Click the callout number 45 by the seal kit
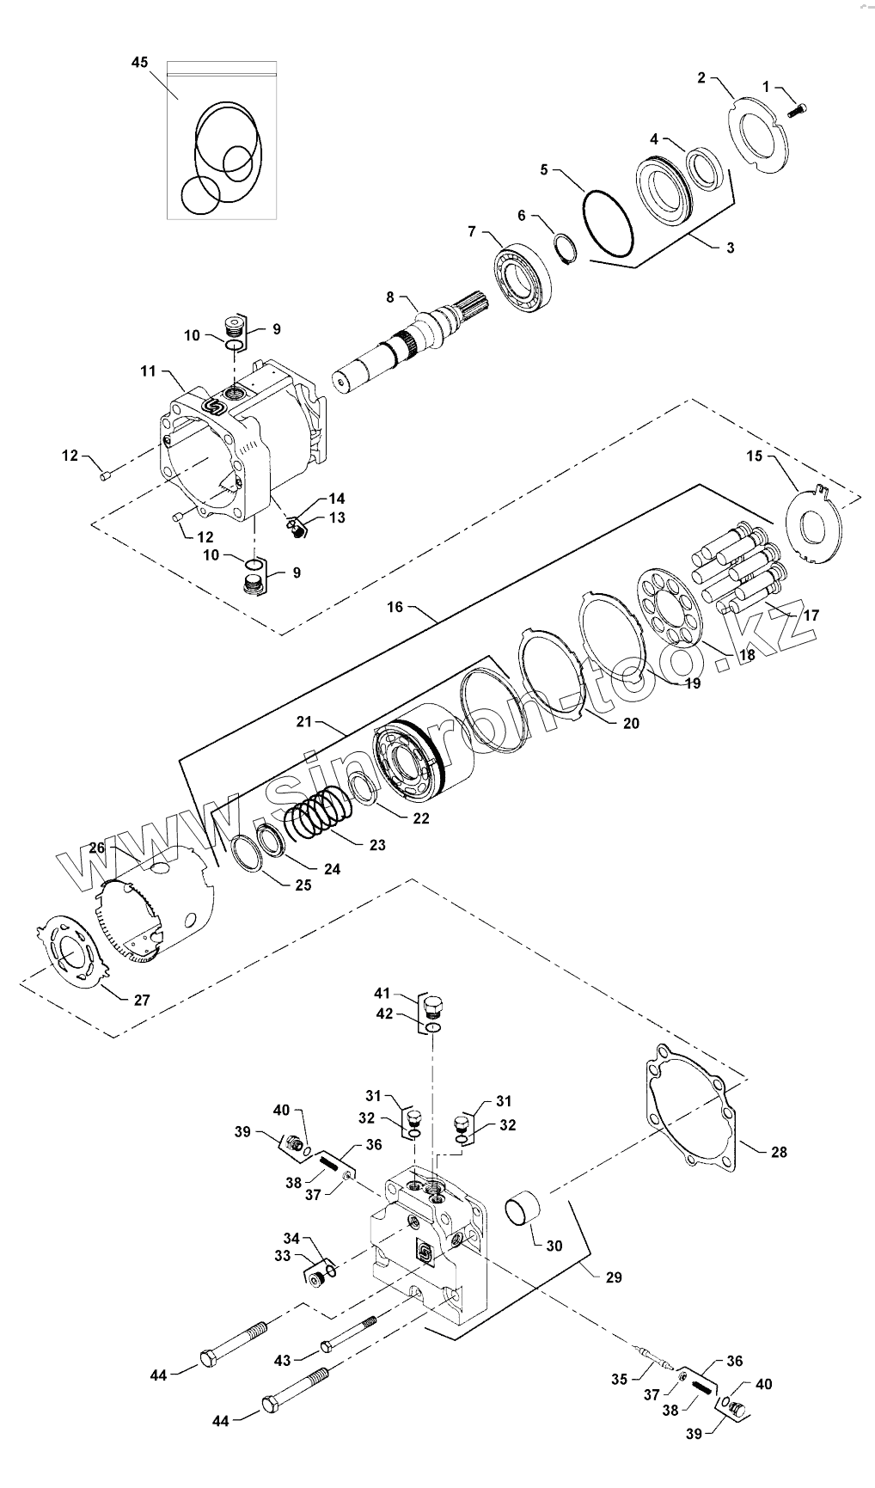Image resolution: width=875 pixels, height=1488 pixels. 139,63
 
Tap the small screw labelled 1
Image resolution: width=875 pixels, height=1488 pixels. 798,110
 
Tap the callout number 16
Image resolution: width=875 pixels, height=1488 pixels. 395,608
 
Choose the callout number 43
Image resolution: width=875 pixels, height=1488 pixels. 282,1359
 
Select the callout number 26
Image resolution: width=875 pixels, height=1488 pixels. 97,848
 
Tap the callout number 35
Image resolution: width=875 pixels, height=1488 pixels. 619,1380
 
